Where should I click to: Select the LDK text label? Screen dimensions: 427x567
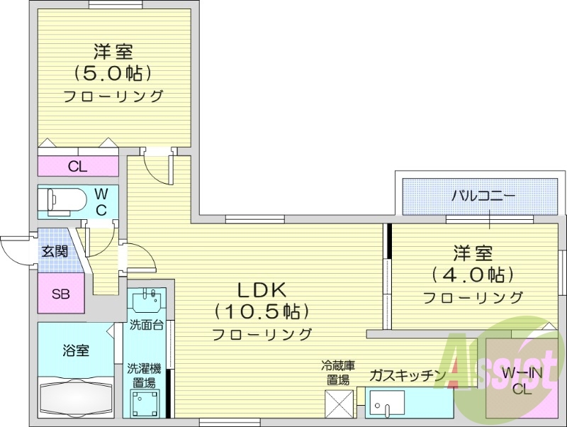(261, 289)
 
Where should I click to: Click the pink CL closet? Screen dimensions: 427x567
(78, 167)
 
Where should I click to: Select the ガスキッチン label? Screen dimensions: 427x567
(407, 375)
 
